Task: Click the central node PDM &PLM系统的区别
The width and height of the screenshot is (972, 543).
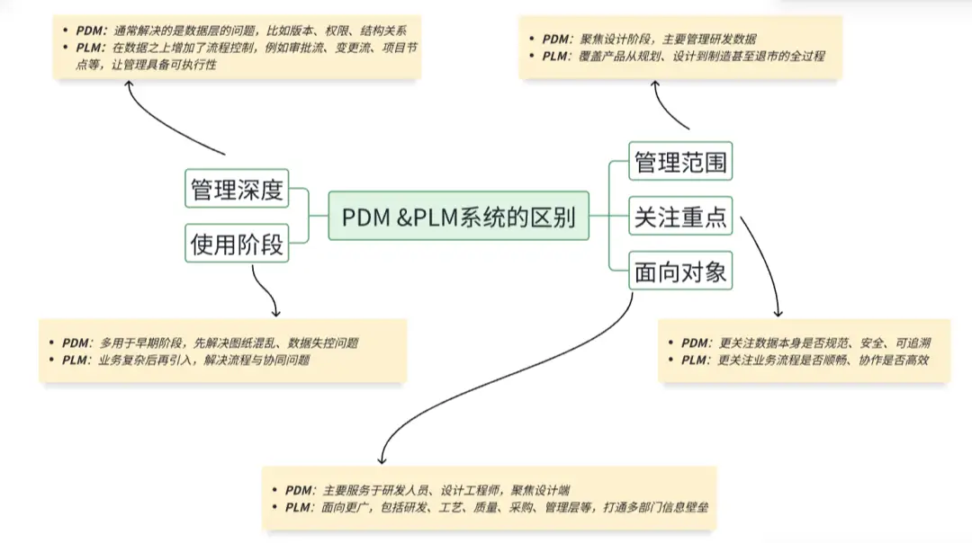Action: point(458,216)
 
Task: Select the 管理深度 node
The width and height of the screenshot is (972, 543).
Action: point(236,190)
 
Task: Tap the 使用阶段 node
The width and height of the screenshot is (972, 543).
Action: point(236,243)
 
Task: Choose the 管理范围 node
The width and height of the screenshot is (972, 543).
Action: point(680,163)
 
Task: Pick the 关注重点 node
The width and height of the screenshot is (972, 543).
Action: point(680,217)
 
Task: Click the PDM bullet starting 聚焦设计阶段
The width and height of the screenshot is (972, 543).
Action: point(648,39)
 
